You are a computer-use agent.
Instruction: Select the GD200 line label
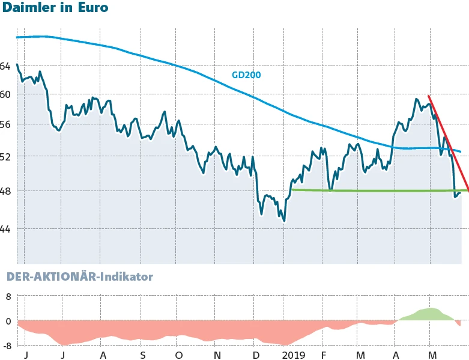(246, 75)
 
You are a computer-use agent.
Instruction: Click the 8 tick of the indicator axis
(8, 296)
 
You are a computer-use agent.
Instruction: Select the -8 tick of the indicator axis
(7, 346)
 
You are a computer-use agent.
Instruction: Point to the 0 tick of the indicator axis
(8, 321)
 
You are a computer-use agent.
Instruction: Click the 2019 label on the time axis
(294, 355)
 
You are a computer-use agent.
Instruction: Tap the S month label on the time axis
(143, 355)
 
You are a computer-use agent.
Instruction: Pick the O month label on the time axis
(180, 355)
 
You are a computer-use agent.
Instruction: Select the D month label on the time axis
(256, 355)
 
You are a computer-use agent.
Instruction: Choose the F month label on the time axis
(323, 355)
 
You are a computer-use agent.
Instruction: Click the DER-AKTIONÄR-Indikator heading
(79, 277)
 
